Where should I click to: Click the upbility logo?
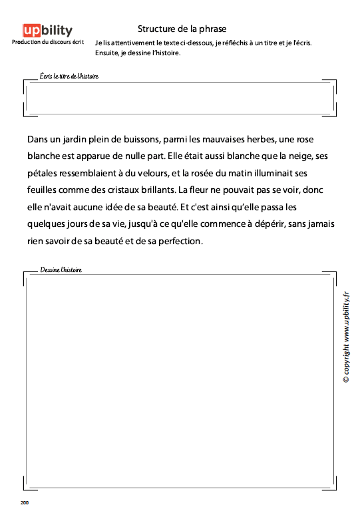[47, 30]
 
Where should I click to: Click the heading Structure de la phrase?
[182, 29]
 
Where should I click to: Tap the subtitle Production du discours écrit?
[47, 43]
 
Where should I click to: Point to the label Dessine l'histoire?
[61, 270]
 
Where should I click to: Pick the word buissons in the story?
[141, 140]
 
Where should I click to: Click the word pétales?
[43, 174]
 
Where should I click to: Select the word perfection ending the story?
[178, 240]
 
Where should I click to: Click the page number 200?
[25, 502]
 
